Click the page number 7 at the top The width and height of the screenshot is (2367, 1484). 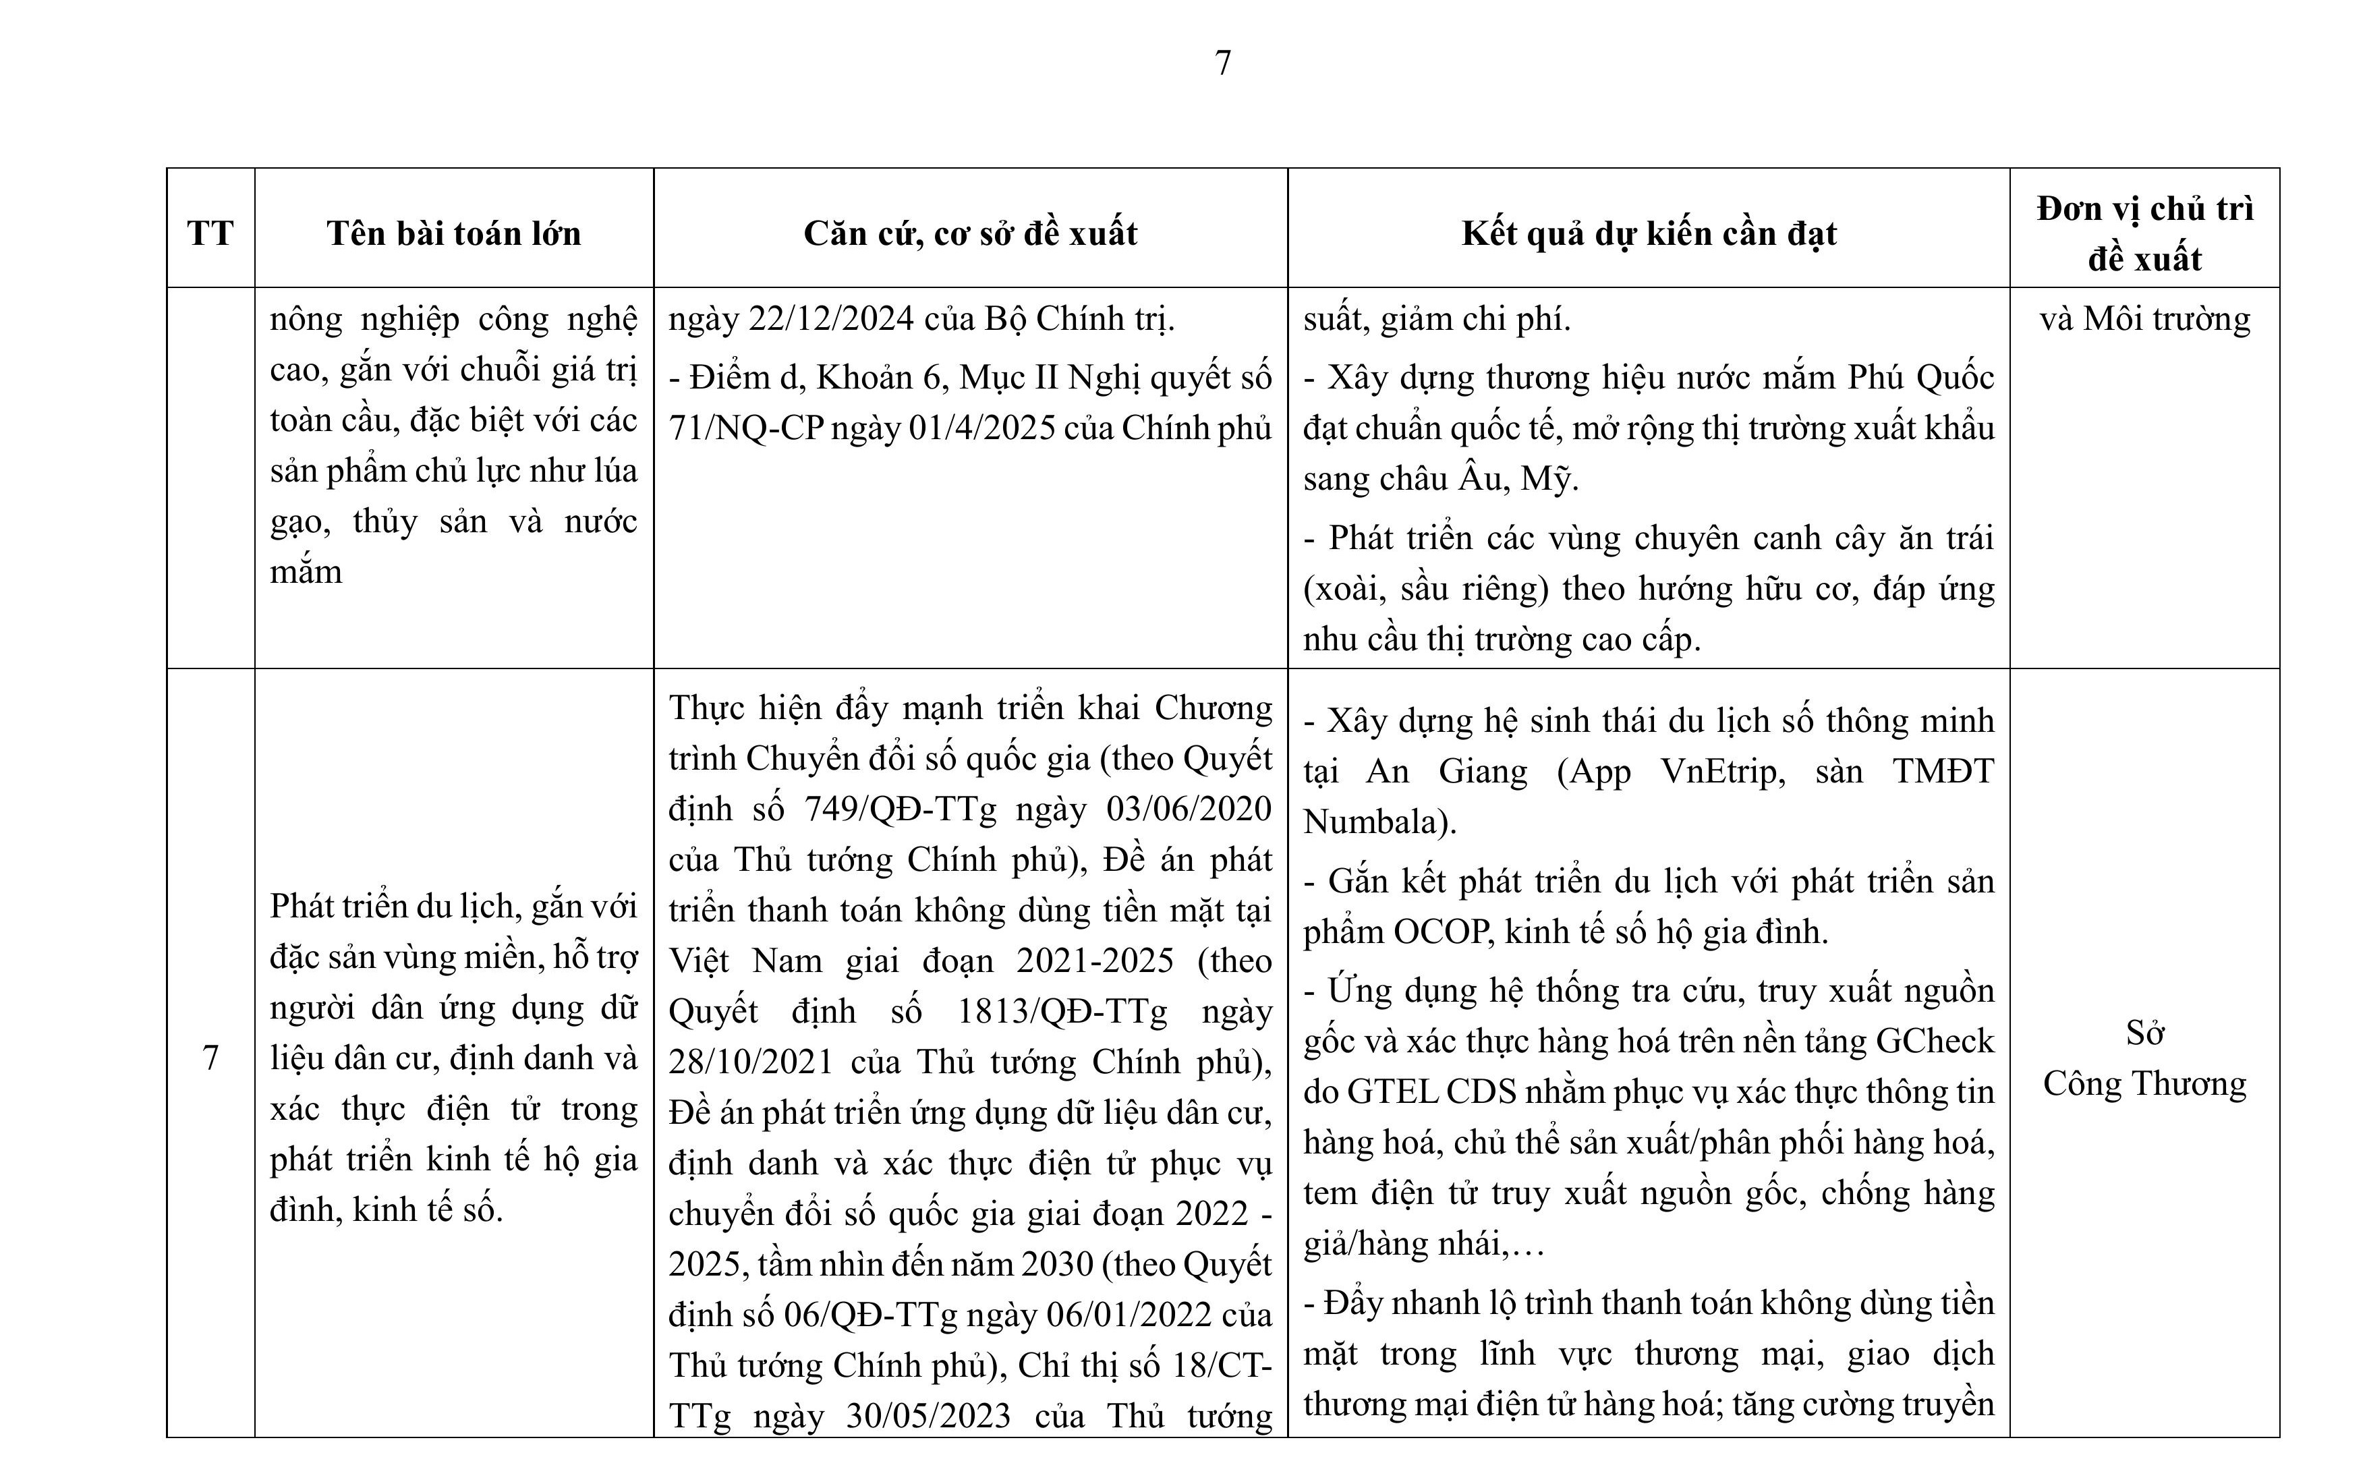pos(1223,63)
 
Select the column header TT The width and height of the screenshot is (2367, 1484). pos(210,233)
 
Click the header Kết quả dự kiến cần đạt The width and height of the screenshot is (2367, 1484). pos(1649,233)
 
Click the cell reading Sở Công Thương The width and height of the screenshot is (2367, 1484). pos(2144,1059)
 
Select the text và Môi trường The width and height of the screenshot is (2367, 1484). pos(2144,319)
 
